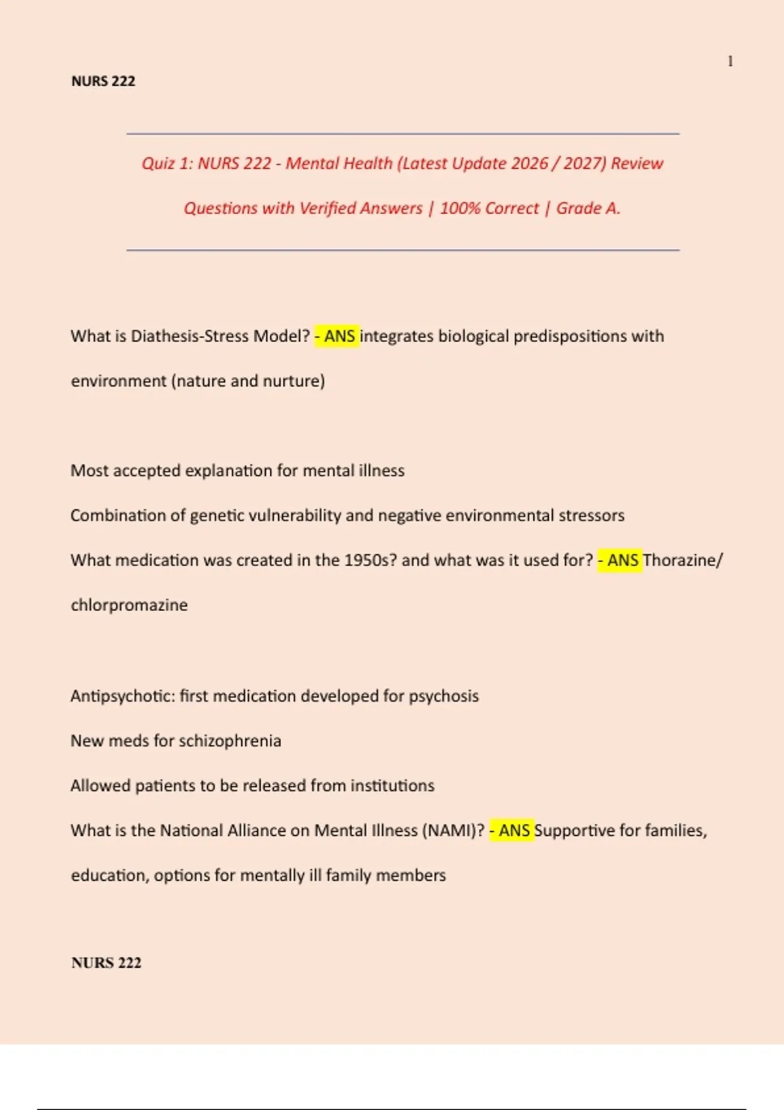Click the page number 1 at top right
(x=730, y=61)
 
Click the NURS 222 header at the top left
(x=103, y=81)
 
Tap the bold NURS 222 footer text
(x=106, y=962)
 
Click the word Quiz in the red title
(x=158, y=163)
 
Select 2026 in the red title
(x=530, y=163)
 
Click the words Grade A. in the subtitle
(x=588, y=208)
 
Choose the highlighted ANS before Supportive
(x=514, y=831)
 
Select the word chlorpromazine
(x=129, y=605)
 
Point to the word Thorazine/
(x=683, y=560)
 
